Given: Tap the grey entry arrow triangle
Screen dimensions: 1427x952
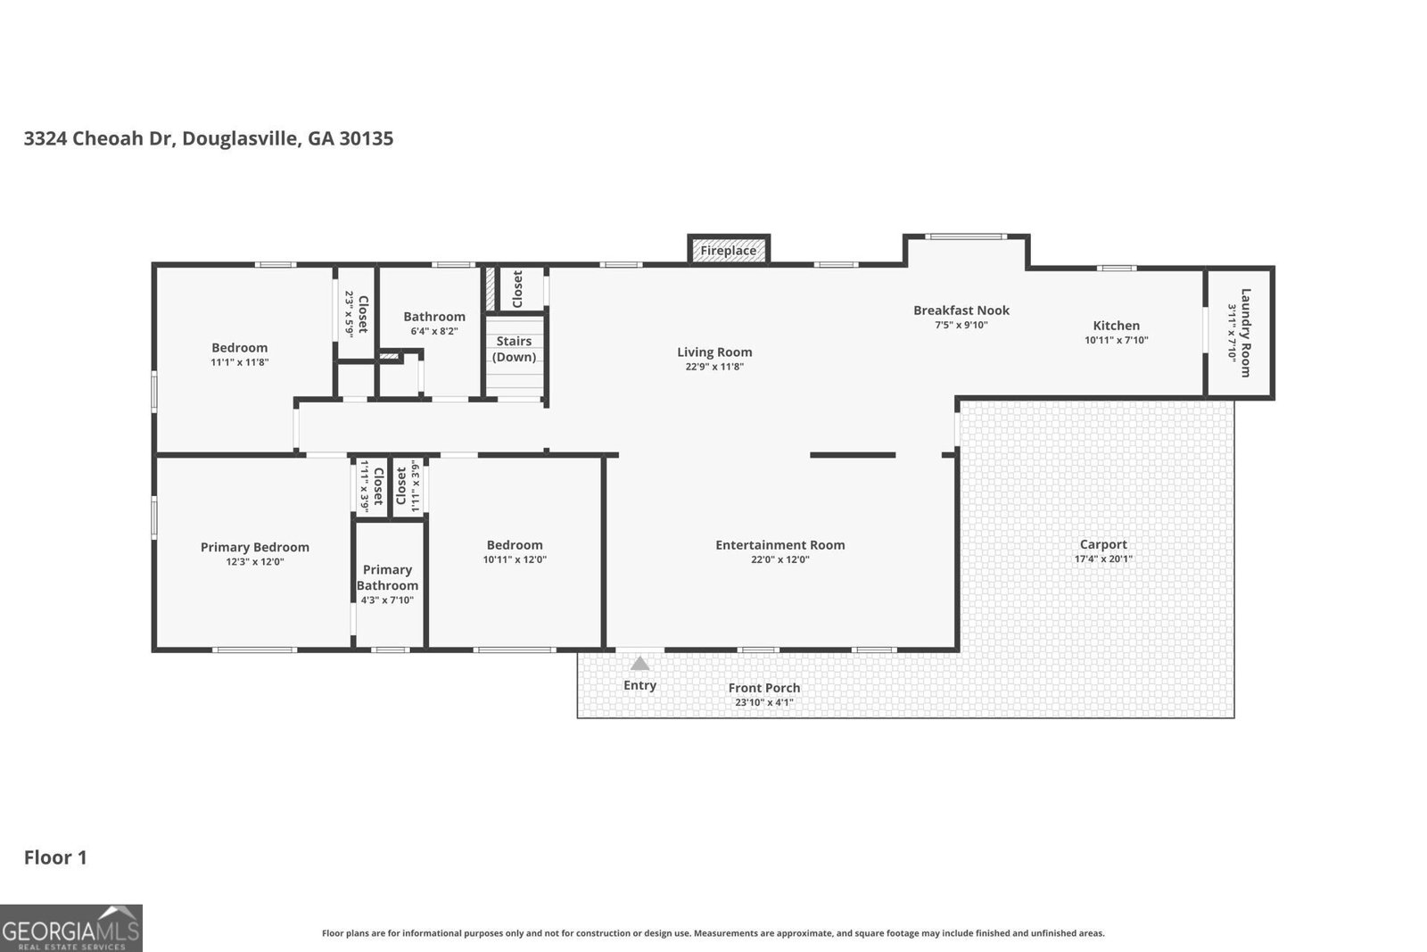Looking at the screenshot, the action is pos(639,663).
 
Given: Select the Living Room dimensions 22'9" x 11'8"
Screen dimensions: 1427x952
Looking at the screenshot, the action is pos(714,367).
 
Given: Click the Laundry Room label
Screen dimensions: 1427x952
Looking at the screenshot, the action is pos(1245,333).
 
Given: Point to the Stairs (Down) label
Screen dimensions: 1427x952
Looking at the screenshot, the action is pos(514,349).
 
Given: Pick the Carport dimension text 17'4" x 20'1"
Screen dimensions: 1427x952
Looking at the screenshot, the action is pos(1103,559).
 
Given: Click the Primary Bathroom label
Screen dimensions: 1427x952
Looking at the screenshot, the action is pos(387,577).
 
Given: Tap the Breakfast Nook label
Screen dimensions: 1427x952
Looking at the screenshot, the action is pos(961,310).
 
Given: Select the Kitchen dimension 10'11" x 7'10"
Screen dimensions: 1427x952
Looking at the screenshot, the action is pos(1116,340).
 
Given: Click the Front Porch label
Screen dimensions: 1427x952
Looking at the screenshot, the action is pos(763,688).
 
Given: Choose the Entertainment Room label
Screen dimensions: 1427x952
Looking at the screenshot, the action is pos(779,545).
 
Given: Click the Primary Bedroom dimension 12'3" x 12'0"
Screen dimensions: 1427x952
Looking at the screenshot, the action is pos(255,561).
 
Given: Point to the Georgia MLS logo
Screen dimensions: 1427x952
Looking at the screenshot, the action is pos(70,928).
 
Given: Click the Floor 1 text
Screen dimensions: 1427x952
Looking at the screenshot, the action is pos(55,857).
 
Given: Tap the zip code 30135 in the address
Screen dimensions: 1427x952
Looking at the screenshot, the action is pos(367,138).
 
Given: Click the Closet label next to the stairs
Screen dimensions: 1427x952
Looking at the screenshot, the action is pos(517,289).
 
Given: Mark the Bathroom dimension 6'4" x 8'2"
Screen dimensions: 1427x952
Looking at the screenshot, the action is pos(434,331).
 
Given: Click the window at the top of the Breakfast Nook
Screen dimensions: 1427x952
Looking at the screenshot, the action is pos(966,236).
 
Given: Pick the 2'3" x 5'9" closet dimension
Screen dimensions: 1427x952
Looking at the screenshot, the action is pos(349,314).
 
